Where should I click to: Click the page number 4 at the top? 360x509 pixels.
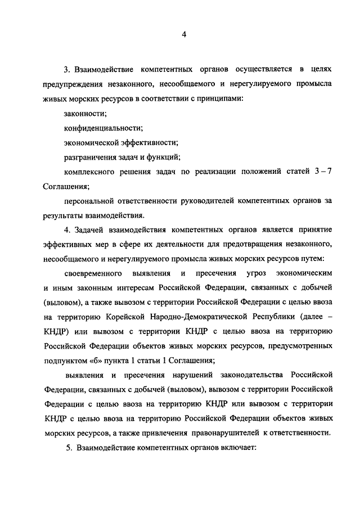(x=183, y=35)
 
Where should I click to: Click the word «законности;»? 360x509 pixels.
(x=85, y=114)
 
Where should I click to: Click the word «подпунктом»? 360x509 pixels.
(x=63, y=361)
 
